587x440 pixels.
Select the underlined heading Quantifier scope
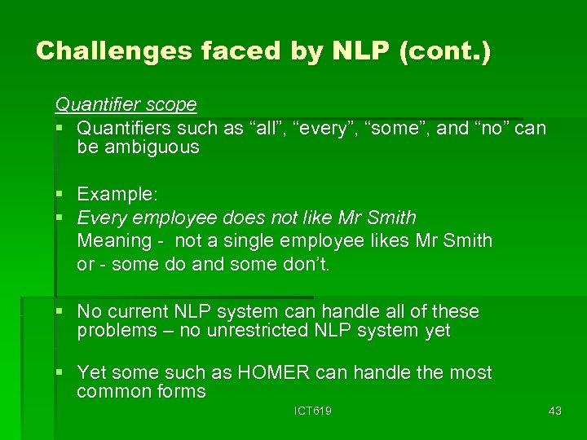(x=126, y=104)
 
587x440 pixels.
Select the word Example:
(x=117, y=194)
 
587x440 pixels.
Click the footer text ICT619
(x=313, y=411)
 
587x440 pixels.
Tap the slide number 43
(x=555, y=411)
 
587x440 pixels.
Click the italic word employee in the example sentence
(x=170, y=218)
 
